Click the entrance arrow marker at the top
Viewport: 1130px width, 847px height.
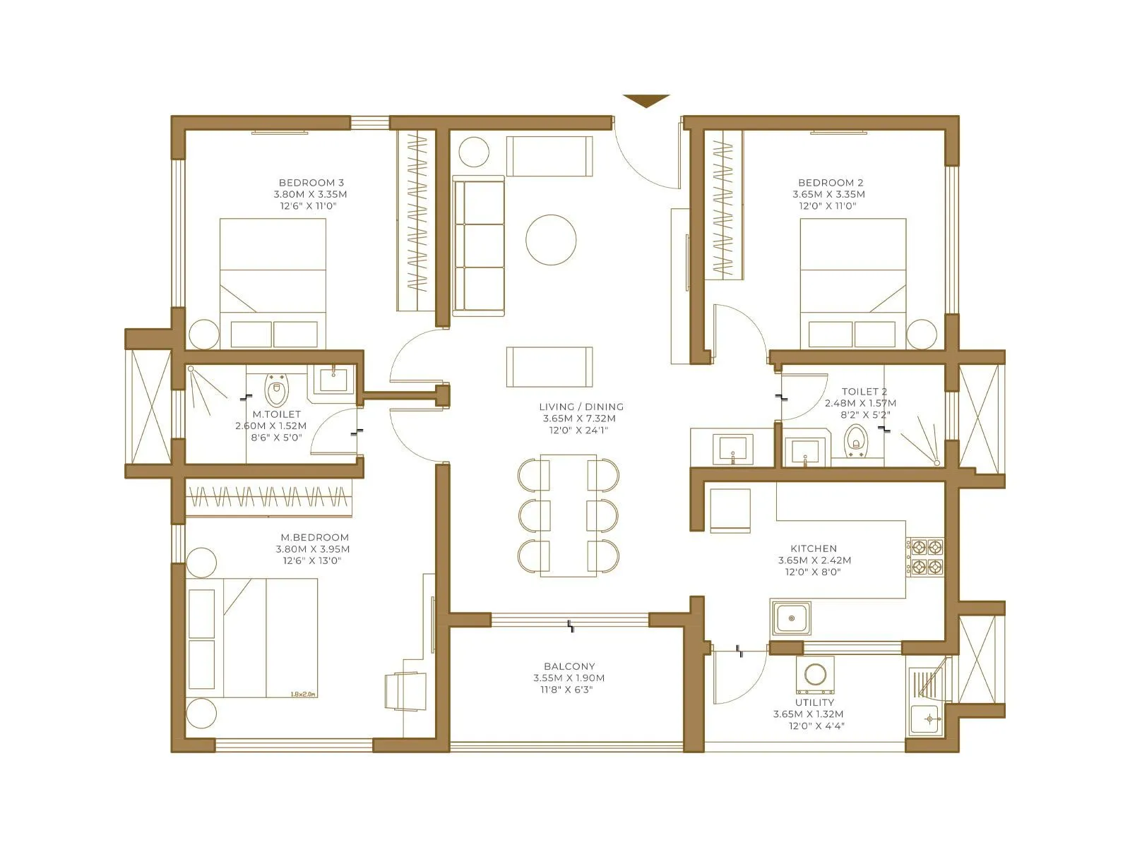click(x=646, y=101)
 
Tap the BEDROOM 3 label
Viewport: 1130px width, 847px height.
click(x=311, y=182)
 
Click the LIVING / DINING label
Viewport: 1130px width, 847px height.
click(x=581, y=407)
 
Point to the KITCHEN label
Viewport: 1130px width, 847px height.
click(x=814, y=548)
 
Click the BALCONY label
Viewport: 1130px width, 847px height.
click(x=569, y=666)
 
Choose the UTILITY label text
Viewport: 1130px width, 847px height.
click(x=814, y=702)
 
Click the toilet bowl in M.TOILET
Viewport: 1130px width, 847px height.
click(x=277, y=390)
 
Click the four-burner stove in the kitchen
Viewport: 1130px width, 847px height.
click(x=925, y=556)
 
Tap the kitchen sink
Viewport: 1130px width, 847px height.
click(x=791, y=619)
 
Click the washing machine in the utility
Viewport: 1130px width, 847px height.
click(x=815, y=674)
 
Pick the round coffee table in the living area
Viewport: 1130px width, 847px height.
click(x=551, y=240)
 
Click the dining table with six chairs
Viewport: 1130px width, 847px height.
click(x=569, y=515)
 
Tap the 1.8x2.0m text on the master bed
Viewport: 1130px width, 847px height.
click(x=303, y=694)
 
